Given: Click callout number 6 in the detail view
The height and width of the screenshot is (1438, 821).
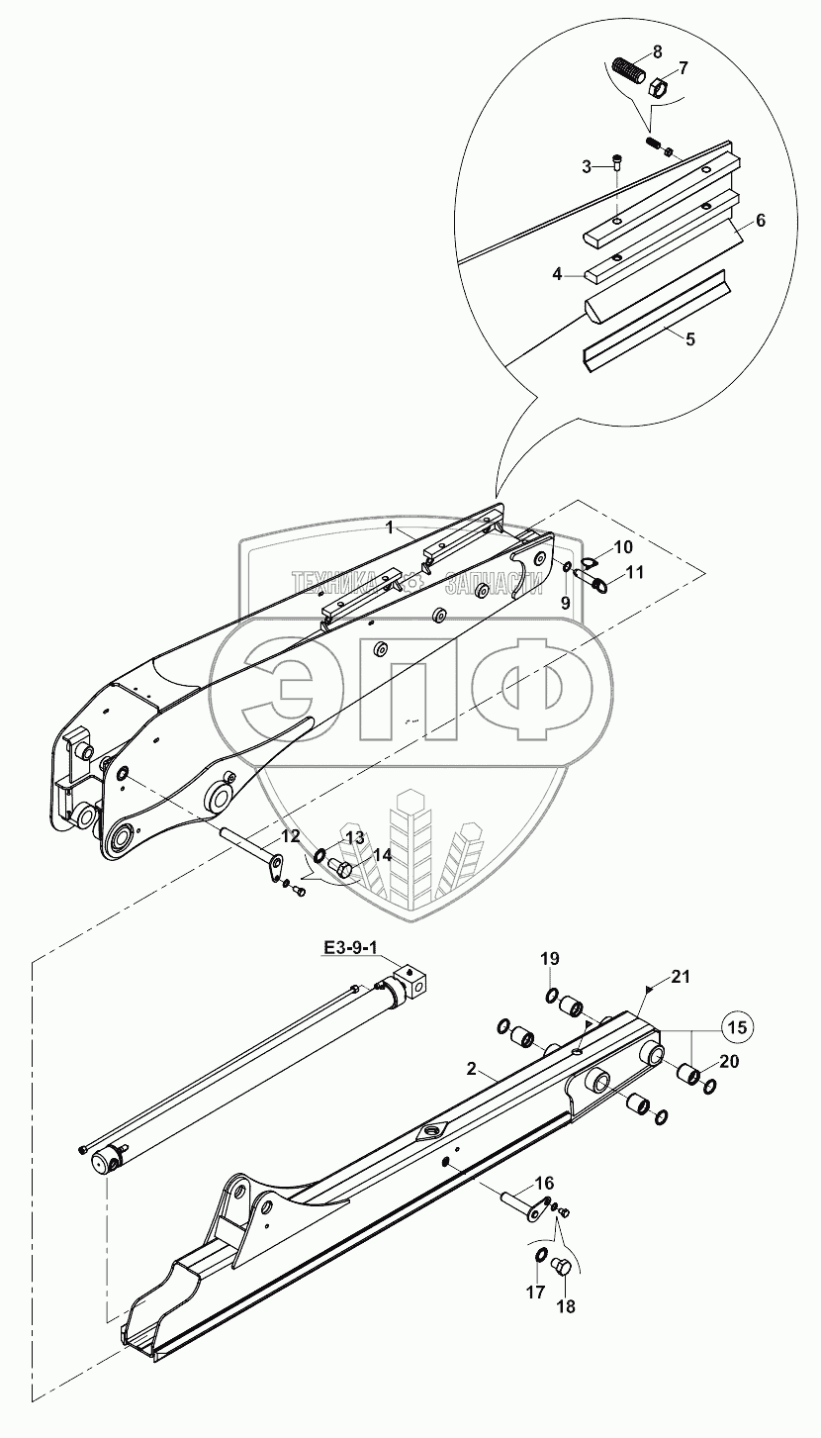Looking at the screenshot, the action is tap(761, 220).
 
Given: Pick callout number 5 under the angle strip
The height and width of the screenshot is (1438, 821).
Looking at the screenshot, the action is tap(690, 339).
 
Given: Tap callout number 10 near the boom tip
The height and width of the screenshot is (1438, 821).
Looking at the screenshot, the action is tap(622, 547).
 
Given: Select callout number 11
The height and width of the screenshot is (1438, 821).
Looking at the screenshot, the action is tap(634, 571).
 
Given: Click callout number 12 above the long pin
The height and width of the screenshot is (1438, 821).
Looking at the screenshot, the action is tap(290, 836).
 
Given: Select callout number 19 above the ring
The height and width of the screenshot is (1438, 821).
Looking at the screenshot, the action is tap(550, 959).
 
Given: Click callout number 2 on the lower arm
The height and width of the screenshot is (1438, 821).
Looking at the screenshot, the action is tap(472, 1070).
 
